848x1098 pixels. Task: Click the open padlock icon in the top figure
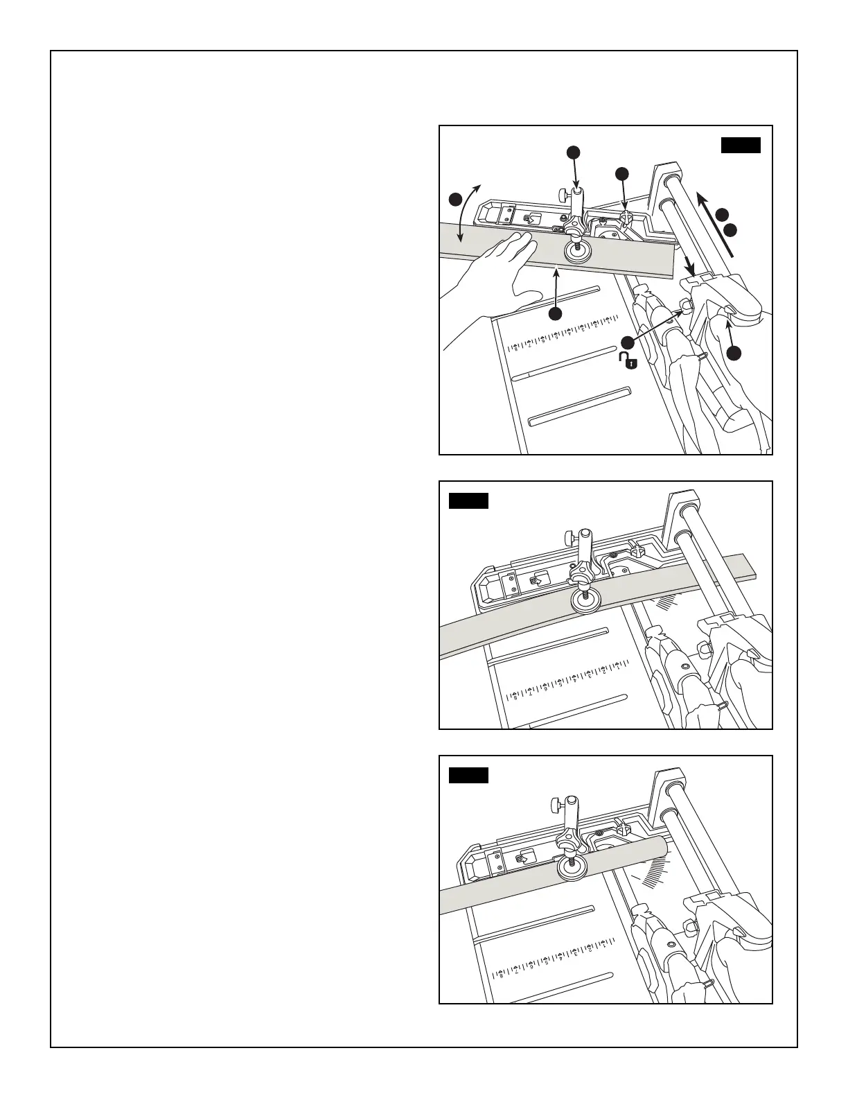pyautogui.click(x=628, y=360)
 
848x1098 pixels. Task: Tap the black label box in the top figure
pyautogui.click(x=741, y=145)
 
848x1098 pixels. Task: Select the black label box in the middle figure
pyautogui.click(x=468, y=500)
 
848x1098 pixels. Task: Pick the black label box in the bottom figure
pyautogui.click(x=468, y=775)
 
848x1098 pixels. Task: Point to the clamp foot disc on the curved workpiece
pyautogui.click(x=585, y=601)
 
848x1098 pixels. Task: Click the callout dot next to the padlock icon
pyautogui.click(x=627, y=342)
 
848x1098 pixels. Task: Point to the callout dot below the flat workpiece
pyautogui.click(x=555, y=314)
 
